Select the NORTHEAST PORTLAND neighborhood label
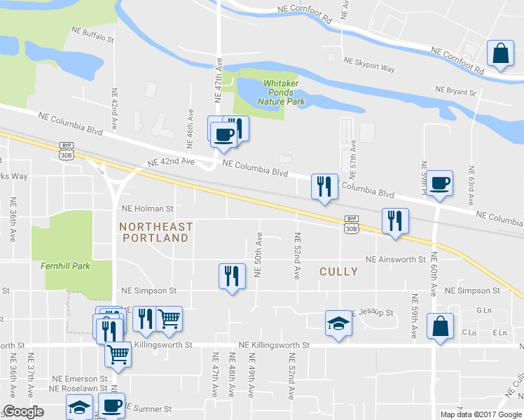point(156,232)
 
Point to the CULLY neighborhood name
point(338,271)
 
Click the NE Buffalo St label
point(93,35)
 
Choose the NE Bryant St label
point(455,91)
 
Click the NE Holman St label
point(147,208)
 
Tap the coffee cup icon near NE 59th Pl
point(440,183)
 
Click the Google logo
point(23,412)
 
